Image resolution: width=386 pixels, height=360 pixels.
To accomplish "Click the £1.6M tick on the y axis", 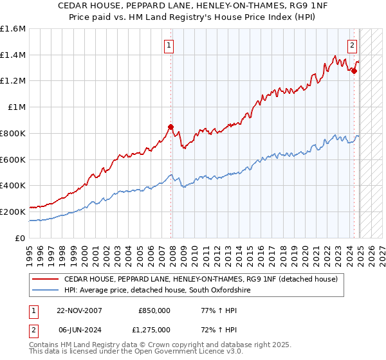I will [x=13, y=29].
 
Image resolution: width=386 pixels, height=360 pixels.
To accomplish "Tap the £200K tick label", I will [x=13, y=212].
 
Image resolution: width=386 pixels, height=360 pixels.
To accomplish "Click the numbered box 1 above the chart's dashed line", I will [x=169, y=45].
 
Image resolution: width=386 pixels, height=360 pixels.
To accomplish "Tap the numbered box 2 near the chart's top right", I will [x=353, y=45].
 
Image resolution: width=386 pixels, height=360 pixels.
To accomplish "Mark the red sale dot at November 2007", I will [x=170, y=127].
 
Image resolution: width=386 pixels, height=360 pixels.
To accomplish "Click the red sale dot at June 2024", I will [x=354, y=71].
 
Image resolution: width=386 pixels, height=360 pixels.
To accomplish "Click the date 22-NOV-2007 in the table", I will [x=79, y=310].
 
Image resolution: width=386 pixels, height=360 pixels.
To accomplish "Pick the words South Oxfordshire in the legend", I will [x=215, y=291].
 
